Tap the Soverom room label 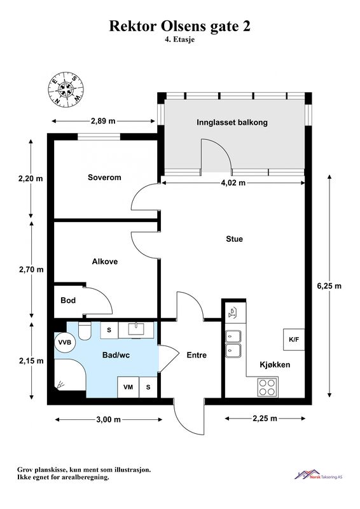(x=104, y=178)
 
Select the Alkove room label (x=105, y=261)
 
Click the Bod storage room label (x=68, y=300)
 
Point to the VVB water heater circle (x=65, y=342)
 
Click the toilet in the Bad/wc (x=85, y=331)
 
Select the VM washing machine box (x=128, y=387)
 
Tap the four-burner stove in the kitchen (x=268, y=387)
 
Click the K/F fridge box (x=294, y=340)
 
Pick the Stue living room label (x=234, y=239)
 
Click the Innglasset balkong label (x=232, y=122)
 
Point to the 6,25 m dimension (x=329, y=286)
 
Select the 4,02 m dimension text (x=233, y=183)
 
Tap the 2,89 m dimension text (x=103, y=121)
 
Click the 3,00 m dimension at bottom (x=108, y=419)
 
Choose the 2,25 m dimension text (x=265, y=419)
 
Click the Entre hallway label (x=197, y=355)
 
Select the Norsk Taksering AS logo (x=319, y=475)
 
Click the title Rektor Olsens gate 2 (x=179, y=26)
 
